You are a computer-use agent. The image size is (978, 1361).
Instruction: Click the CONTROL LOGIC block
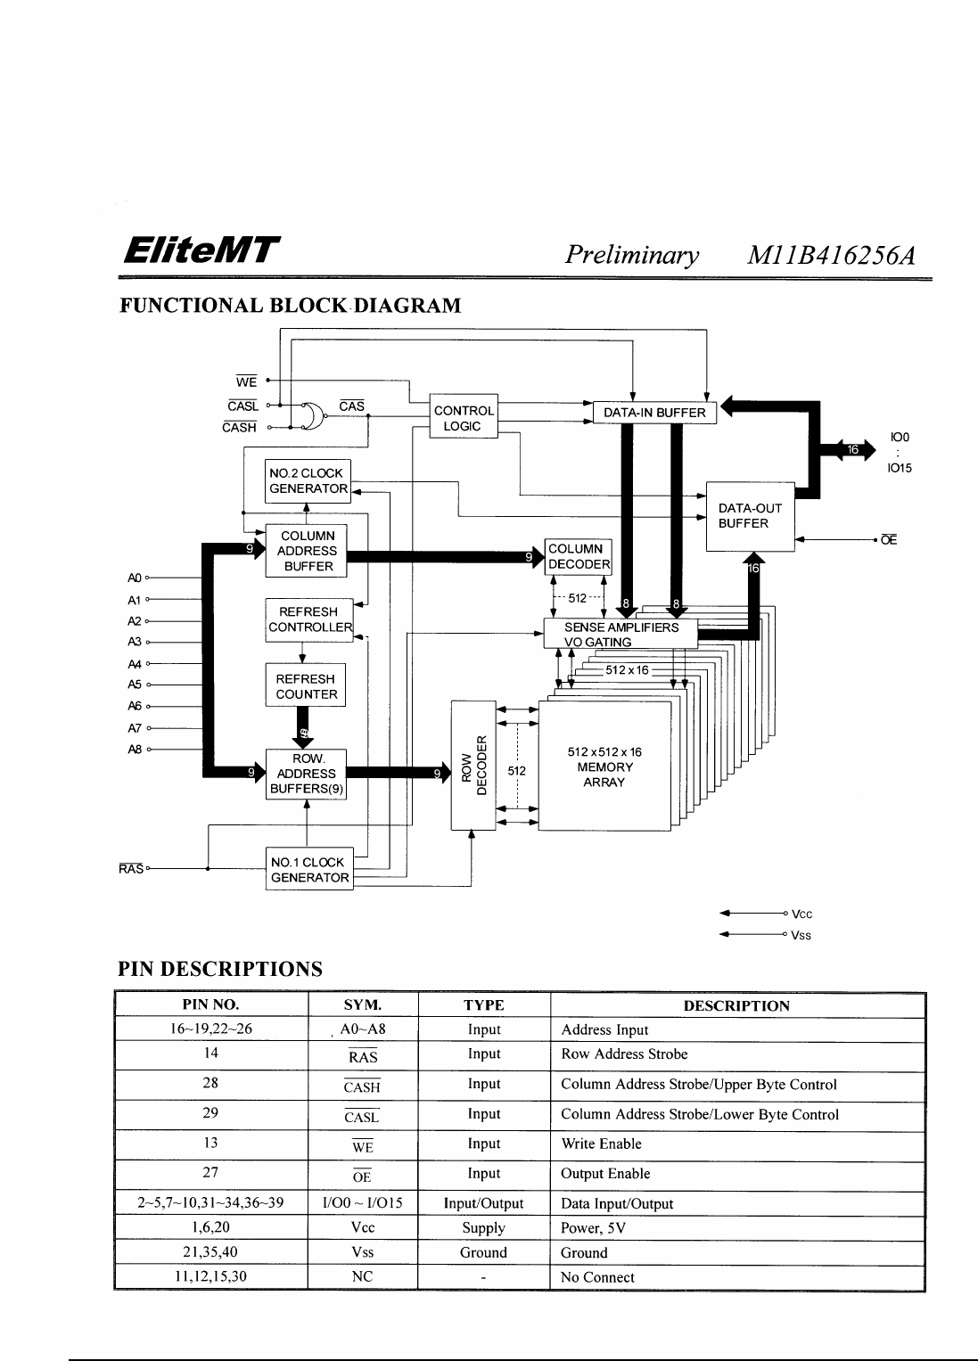pos(463,418)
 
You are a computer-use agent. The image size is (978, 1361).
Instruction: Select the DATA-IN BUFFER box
pos(654,413)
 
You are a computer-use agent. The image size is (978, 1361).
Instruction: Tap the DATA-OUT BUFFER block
pos(750,516)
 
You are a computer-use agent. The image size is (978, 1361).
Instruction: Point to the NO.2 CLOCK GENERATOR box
pos(308,481)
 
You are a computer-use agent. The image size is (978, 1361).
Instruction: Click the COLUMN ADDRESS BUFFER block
pos(307,551)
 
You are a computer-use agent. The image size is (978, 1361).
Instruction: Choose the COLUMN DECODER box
pos(579,557)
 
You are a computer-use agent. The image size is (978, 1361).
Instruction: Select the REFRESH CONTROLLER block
pos(309,619)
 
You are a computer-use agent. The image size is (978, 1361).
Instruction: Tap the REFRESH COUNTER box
pos(306,686)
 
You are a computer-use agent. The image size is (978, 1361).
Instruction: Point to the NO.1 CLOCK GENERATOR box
pos(309,870)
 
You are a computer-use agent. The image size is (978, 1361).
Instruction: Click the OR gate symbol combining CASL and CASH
pos(310,416)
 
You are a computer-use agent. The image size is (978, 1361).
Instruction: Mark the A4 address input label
pos(135,664)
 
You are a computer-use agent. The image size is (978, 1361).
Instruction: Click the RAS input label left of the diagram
pos(130,869)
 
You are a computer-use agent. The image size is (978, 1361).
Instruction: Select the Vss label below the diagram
pos(801,936)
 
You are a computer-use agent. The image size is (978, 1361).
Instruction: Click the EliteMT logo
pos(201,250)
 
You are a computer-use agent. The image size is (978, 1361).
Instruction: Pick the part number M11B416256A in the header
pos(831,256)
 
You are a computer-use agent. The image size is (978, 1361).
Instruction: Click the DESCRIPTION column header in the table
pos(736,1006)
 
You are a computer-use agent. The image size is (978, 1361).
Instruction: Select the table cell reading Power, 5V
pos(593,1228)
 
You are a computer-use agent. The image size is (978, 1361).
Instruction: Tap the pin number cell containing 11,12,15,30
pos(210,1276)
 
